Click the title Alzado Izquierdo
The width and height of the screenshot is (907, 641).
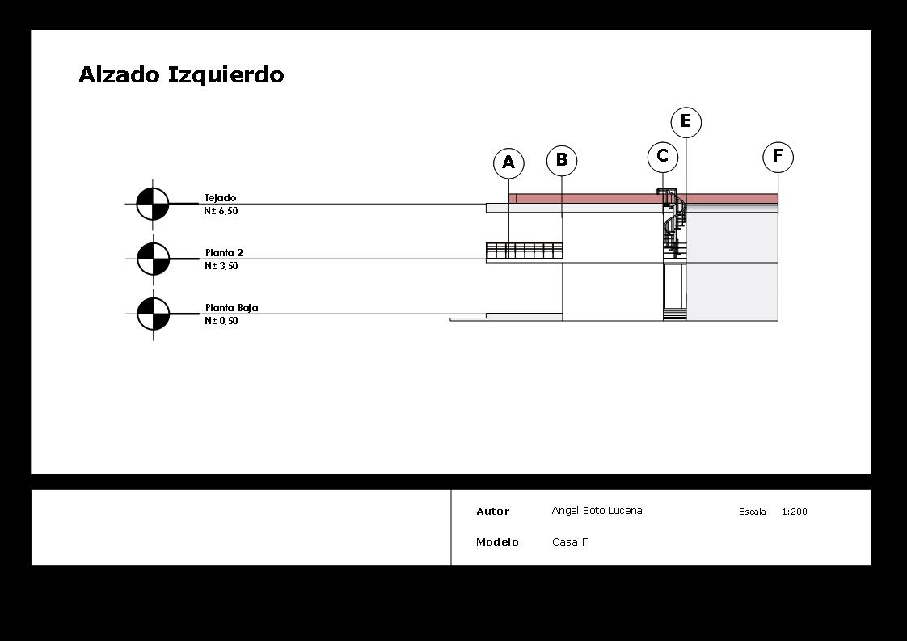click(x=181, y=74)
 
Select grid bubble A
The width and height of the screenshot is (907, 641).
click(x=508, y=163)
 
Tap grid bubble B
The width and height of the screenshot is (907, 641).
click(x=562, y=160)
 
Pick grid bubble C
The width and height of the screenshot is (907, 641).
click(x=663, y=157)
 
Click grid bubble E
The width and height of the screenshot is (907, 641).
click(x=686, y=122)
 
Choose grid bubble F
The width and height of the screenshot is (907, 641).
click(x=778, y=157)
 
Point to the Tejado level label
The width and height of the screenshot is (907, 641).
click(x=220, y=198)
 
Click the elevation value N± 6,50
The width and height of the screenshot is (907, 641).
click(x=221, y=211)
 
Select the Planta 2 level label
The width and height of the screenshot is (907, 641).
click(x=224, y=253)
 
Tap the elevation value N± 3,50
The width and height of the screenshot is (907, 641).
click(x=221, y=266)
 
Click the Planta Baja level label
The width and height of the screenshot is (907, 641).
click(x=231, y=308)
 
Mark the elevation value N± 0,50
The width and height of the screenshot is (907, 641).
click(x=221, y=321)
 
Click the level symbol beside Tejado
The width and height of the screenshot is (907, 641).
click(x=153, y=204)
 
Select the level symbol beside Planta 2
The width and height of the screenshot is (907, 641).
click(x=154, y=259)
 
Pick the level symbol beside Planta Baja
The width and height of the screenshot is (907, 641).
click(x=154, y=314)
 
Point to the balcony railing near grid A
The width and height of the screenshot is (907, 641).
click(x=524, y=250)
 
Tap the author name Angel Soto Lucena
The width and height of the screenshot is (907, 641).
click(x=597, y=511)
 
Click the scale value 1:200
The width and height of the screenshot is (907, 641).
click(x=794, y=512)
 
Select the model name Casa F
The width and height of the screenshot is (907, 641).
click(x=570, y=542)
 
